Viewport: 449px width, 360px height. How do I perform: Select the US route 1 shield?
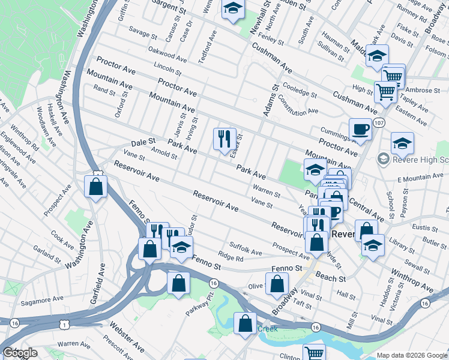click(x=64, y=325)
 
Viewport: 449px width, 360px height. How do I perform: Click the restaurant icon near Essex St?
click(x=224, y=139)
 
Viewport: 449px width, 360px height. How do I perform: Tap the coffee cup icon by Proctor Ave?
click(x=360, y=129)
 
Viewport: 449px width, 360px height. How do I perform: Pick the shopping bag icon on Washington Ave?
click(x=96, y=186)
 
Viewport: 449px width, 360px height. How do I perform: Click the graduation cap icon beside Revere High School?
click(x=402, y=143)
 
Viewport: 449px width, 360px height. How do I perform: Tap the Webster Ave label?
click(x=127, y=338)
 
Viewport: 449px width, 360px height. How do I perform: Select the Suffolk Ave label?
click(x=246, y=248)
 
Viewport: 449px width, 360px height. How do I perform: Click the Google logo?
click(x=20, y=353)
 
